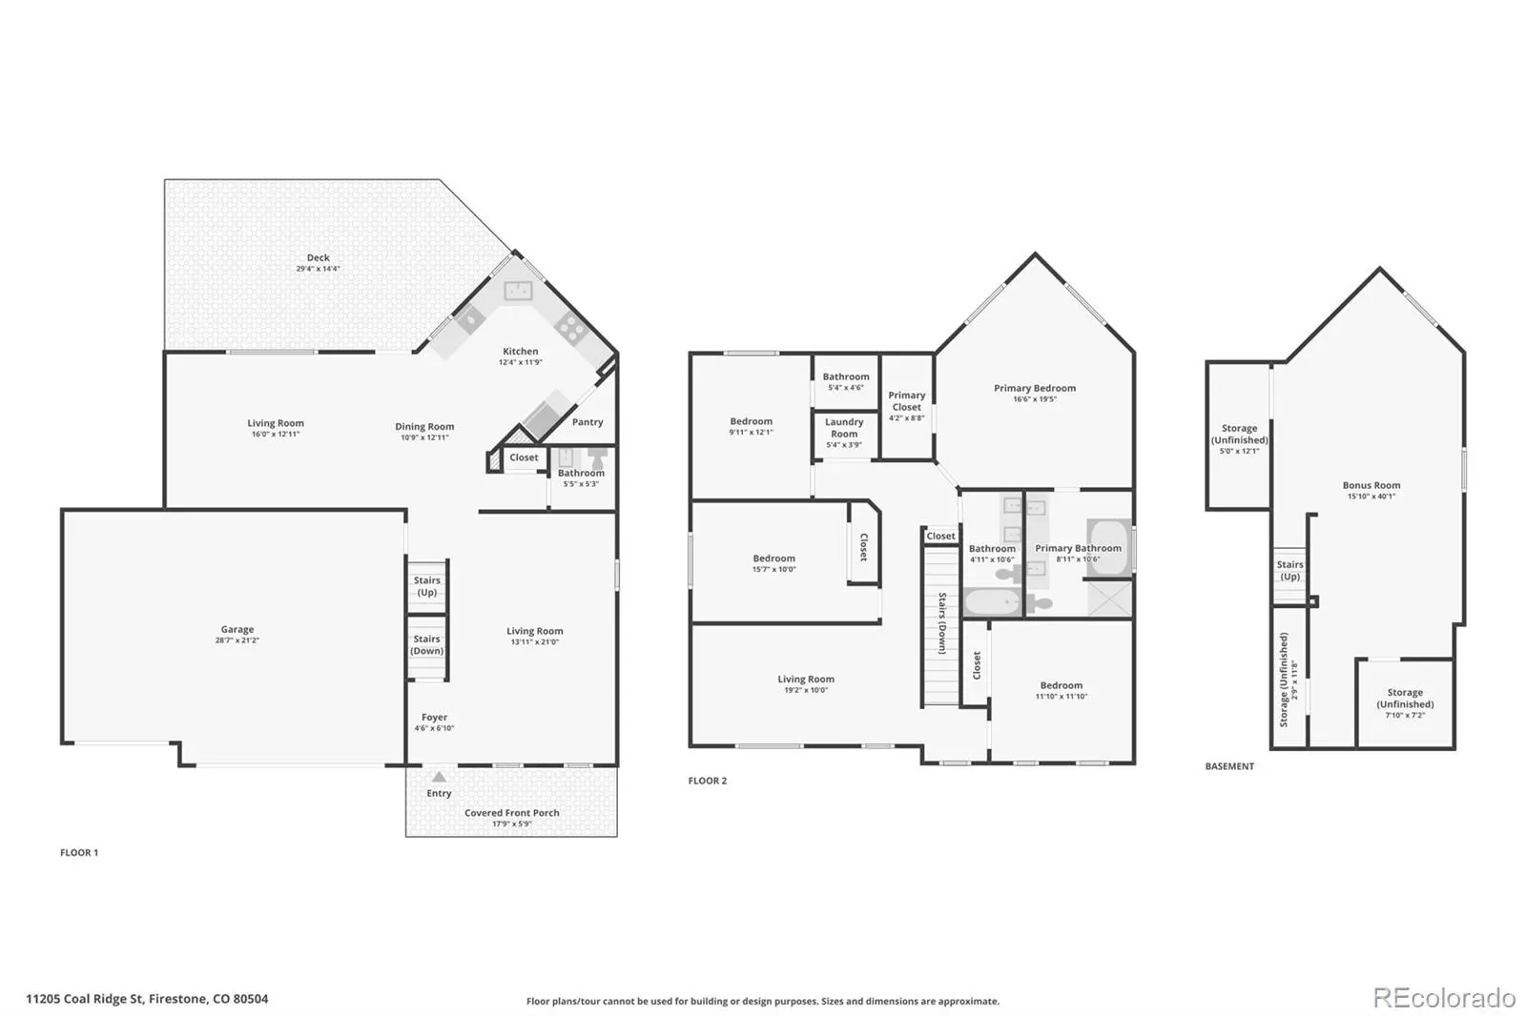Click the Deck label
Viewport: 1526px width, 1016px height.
(x=319, y=257)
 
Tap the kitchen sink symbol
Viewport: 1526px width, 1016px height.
(x=519, y=291)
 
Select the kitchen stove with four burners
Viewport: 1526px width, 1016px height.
(x=571, y=329)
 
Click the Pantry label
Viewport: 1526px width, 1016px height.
(x=588, y=422)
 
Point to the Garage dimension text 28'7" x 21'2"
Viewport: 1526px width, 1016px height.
(x=237, y=640)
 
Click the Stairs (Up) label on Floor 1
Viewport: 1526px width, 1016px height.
(x=427, y=586)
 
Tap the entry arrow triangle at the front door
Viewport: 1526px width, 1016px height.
(x=440, y=777)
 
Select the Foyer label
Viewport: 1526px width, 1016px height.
(x=435, y=717)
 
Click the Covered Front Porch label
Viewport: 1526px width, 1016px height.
(x=512, y=812)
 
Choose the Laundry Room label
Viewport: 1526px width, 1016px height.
(x=844, y=428)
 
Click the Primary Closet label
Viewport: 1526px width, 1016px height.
(x=907, y=400)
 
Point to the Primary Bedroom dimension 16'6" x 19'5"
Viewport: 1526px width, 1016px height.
(x=1035, y=399)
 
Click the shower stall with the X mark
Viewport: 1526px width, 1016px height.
(x=1110, y=599)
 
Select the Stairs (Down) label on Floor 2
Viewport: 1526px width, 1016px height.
(x=942, y=623)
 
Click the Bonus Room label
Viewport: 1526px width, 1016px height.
(x=1371, y=485)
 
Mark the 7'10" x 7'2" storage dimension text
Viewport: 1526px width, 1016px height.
(x=1405, y=715)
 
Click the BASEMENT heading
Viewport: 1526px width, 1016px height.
(x=1229, y=766)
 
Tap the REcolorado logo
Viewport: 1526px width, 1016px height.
(x=1444, y=998)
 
